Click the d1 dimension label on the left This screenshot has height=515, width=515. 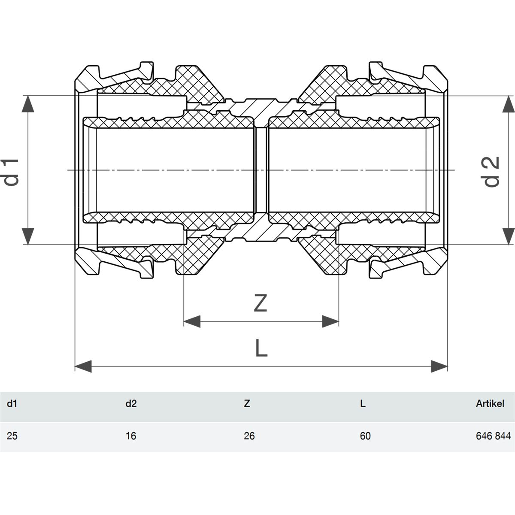11,172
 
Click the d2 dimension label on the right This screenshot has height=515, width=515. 491,172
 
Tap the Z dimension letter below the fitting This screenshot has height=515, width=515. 261,303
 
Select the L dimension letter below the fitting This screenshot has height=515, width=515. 261,348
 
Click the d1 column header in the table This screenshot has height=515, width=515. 12,403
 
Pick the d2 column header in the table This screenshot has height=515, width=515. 131,403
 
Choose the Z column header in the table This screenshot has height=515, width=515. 247,403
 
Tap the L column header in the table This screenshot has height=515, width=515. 363,403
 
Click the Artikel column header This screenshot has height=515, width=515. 490,403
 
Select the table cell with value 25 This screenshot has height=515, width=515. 12,436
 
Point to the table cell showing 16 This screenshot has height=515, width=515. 131,436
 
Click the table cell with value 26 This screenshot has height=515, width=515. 249,436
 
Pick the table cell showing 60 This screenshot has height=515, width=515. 365,436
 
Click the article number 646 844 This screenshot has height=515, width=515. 493,436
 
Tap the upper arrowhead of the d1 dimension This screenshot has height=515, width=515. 28,104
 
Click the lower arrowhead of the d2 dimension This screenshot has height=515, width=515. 509,236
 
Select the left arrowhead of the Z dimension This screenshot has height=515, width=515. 192,321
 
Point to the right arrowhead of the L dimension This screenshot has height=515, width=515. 439,367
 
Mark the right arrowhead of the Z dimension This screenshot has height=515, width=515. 330,321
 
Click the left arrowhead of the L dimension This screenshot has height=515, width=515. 83,367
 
